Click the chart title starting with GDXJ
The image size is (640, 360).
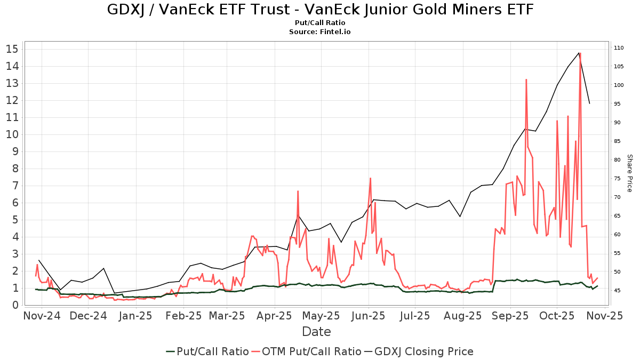click(320, 10)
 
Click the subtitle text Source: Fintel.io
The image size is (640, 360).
click(320, 32)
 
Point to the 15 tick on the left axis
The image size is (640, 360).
click(12, 49)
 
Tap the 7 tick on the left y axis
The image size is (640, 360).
click(15, 186)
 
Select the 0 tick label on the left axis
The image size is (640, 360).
click(15, 305)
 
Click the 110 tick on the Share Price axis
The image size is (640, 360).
click(619, 48)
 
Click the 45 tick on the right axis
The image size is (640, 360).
click(617, 291)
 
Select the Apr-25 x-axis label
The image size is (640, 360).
click(275, 316)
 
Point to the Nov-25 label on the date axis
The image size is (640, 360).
click(604, 316)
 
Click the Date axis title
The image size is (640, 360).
click(316, 332)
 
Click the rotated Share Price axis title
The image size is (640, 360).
click(629, 173)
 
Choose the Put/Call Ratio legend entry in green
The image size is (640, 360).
click(208, 351)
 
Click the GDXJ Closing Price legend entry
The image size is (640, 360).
click(419, 351)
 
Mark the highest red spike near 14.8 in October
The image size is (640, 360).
click(580, 53)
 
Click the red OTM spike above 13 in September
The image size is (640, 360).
click(526, 79)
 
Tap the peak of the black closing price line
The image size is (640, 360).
click(579, 52)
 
